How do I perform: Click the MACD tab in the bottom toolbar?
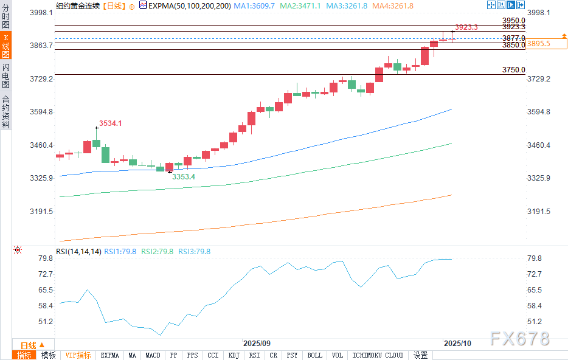(x=153, y=355)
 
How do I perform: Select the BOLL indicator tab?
(x=315, y=355)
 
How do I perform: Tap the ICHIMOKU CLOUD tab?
(x=378, y=355)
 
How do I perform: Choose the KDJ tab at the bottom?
(x=234, y=355)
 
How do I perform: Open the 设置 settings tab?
(x=421, y=355)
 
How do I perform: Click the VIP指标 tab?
(x=78, y=355)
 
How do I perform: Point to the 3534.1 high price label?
(x=111, y=123)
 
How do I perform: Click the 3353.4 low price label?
(x=183, y=177)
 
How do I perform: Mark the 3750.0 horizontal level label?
(x=513, y=70)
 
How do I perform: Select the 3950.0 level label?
(x=513, y=21)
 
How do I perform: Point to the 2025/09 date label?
(x=257, y=344)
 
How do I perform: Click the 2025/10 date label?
(x=458, y=344)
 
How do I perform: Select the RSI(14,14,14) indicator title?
(x=78, y=251)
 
